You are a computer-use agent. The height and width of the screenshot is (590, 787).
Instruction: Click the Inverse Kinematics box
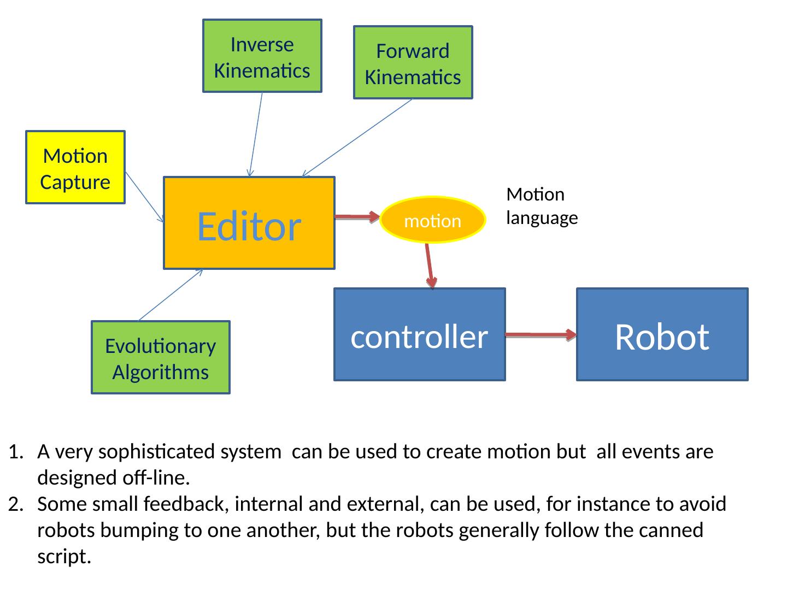click(262, 56)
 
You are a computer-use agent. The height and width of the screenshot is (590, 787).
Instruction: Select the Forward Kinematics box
click(413, 63)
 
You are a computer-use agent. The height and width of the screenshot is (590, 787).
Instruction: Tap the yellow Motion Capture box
click(75, 168)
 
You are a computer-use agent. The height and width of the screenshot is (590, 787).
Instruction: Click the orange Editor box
click(249, 223)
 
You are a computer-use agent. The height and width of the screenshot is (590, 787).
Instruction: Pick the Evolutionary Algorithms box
click(161, 358)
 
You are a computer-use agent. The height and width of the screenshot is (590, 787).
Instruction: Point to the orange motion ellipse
click(432, 220)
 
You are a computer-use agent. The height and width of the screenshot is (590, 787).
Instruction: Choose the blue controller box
click(419, 334)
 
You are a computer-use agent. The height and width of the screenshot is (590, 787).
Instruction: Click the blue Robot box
click(662, 334)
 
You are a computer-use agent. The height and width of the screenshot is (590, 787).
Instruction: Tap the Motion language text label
click(542, 206)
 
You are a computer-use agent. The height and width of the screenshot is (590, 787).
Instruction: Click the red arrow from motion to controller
click(430, 265)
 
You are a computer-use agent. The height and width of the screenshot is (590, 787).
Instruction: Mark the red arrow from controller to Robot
click(541, 335)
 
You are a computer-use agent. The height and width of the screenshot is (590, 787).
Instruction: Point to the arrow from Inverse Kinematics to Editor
click(256, 134)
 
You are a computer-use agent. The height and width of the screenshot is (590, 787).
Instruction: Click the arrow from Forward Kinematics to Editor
click(357, 138)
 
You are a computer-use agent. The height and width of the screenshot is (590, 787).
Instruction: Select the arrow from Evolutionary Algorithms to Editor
click(170, 296)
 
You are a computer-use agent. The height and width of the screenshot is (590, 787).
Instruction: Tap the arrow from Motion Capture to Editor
click(144, 197)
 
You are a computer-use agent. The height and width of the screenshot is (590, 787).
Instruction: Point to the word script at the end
click(63, 557)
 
